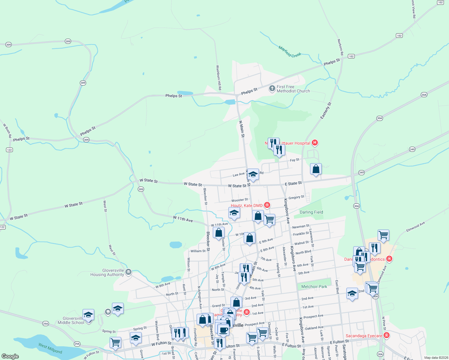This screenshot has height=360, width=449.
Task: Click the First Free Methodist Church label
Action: click(x=293, y=89)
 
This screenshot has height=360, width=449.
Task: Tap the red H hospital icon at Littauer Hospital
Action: click(x=315, y=143)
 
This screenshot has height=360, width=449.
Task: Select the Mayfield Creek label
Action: click(x=290, y=52)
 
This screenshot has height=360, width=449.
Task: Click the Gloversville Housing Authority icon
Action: click(x=128, y=272)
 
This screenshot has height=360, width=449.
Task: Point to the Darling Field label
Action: click(x=311, y=212)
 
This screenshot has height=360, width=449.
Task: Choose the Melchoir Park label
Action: click(x=314, y=286)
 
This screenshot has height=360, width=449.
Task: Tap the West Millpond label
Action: click(x=50, y=348)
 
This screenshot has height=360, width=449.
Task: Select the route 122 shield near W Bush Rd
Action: click(x=9, y=150)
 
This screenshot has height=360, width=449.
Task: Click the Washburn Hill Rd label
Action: click(x=219, y=78)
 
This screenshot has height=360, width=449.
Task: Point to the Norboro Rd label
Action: click(x=340, y=47)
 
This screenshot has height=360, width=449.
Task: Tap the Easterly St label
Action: click(x=326, y=110)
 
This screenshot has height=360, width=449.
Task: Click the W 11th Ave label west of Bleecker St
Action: click(x=183, y=219)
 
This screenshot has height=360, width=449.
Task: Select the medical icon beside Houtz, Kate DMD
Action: click(x=267, y=205)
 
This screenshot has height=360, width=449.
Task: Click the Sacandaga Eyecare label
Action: click(x=364, y=336)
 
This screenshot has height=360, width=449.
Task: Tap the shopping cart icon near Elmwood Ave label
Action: click(x=383, y=235)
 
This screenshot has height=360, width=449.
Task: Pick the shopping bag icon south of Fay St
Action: click(x=316, y=169)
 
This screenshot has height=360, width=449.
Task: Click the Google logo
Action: click(x=10, y=356)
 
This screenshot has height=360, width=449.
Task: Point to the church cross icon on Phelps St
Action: click(x=272, y=88)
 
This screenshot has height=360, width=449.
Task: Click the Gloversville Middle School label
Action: click(x=71, y=320)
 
